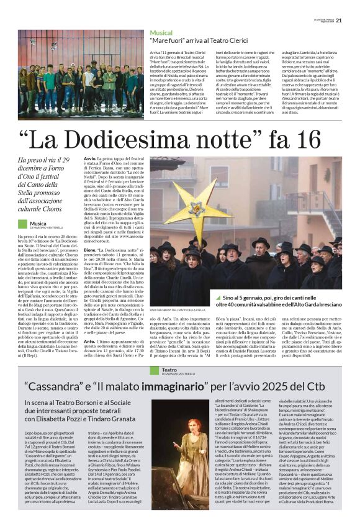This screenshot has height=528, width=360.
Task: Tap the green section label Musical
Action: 161,32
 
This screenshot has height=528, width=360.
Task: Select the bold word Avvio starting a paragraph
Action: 89,159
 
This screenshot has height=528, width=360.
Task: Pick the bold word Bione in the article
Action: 90,249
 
